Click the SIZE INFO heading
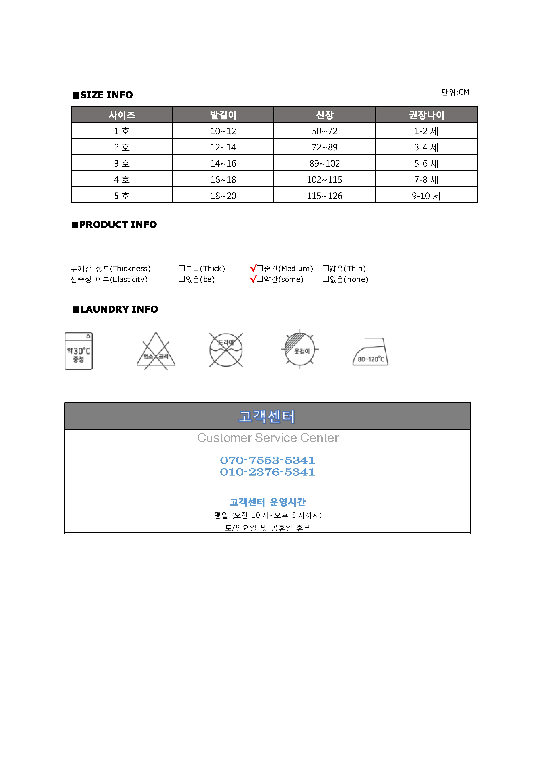103,95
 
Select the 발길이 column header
223,115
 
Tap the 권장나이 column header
426,115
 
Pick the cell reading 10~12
223,131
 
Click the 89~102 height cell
325,163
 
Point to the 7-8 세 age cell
426,180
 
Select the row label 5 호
122,196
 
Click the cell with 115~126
325,196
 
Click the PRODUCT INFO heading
114,224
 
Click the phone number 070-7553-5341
267,460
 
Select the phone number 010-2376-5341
267,472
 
